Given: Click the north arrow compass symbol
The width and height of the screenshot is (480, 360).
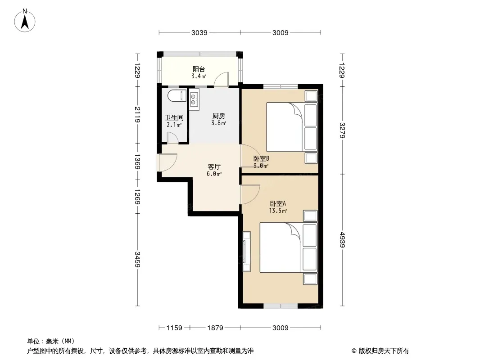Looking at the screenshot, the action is pos(25,21).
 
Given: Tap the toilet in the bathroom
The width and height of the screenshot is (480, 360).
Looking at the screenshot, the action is pos(177,96).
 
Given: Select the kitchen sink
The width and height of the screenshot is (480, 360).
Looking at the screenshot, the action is pos(194,99).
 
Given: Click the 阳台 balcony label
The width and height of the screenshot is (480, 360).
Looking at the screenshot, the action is pos(199,69).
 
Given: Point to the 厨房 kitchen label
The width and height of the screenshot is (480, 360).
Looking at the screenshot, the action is pos(218,116).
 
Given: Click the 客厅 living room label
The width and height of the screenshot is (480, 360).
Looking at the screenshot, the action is pos(214,166).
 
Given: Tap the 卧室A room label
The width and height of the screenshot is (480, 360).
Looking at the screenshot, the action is pos(278,203).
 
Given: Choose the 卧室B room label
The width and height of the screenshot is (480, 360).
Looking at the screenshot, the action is pos(261,159).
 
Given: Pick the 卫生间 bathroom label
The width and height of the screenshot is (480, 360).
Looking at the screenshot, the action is pos(174,117).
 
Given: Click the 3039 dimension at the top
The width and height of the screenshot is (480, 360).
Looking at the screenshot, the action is pos(199,32).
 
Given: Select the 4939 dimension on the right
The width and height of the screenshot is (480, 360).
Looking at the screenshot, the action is pos(342,240).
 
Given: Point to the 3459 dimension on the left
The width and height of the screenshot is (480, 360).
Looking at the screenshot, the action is pos(137,259).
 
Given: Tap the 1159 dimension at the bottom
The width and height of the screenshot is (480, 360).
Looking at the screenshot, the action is pos(174,328).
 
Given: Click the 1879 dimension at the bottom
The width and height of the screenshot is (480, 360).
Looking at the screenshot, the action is pos(215,328).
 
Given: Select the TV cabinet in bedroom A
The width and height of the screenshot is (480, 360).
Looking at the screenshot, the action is pos(246,252).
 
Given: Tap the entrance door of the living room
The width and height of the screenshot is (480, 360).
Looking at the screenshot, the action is pos(167,162).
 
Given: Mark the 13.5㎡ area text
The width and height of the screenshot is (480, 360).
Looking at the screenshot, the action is pos(278,211).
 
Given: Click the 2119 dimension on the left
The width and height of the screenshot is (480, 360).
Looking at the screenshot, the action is pos(137,115).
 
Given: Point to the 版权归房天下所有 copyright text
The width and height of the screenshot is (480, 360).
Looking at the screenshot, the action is pos(384,351).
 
